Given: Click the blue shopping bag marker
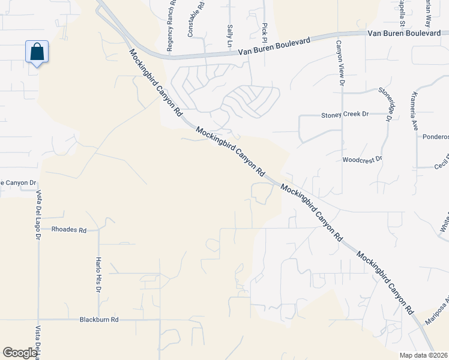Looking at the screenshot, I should click(x=37, y=53).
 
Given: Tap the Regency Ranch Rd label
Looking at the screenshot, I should click(x=172, y=29).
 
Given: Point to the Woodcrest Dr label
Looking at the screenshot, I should click(x=362, y=160).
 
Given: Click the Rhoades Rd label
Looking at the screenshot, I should click(x=69, y=230).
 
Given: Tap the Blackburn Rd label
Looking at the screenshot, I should click(x=99, y=320).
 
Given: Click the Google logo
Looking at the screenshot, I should click(x=20, y=353).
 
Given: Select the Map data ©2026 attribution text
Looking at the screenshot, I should click(x=423, y=355).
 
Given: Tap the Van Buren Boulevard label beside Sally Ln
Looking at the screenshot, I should click(x=274, y=45).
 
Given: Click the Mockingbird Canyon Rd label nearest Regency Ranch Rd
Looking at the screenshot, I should click(x=155, y=83).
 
